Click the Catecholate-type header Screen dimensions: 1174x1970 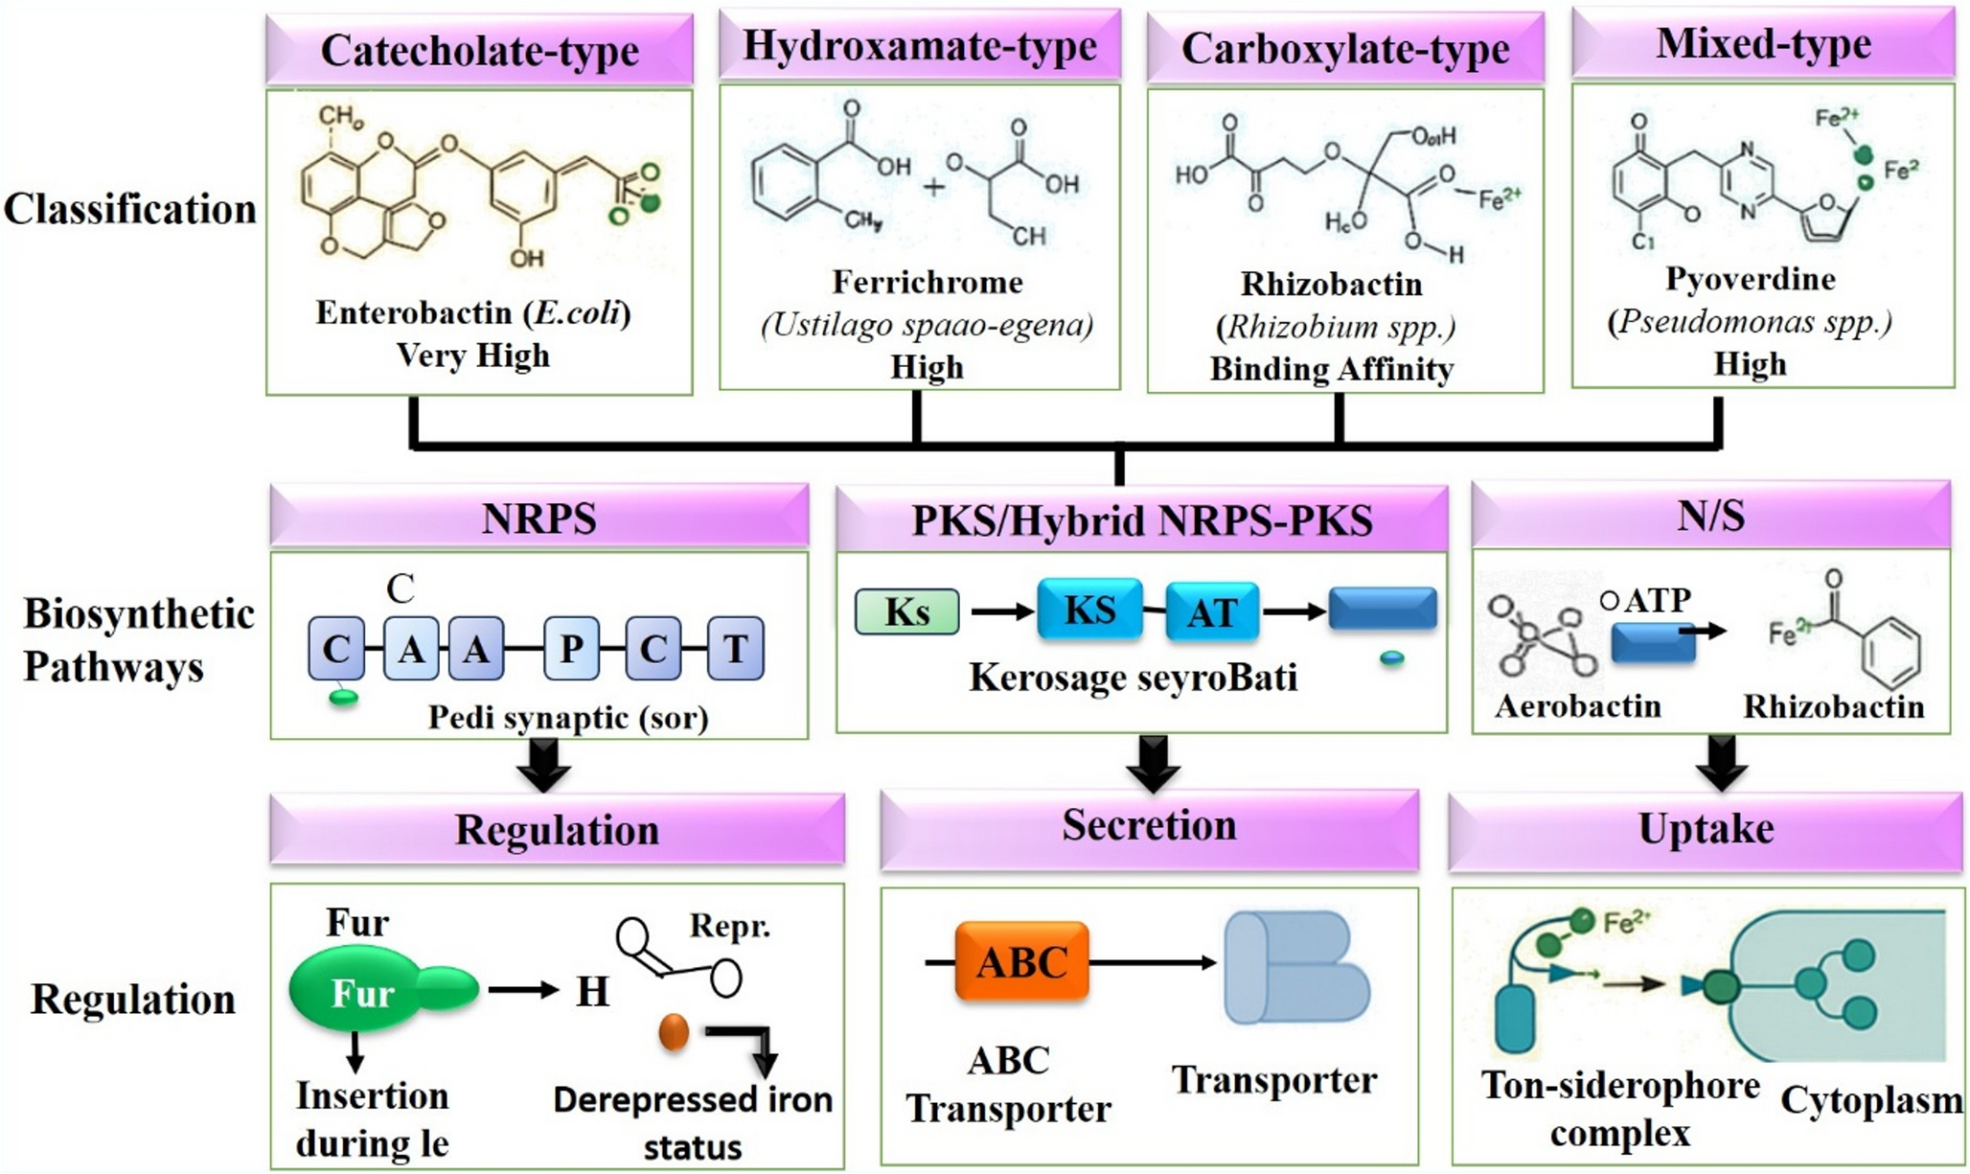[479, 50]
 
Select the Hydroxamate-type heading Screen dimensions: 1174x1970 [919, 46]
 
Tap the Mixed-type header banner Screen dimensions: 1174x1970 [1762, 43]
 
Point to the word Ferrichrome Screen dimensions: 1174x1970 [927, 282]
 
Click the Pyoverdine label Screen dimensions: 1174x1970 [1750, 279]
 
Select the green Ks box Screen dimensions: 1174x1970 [906, 611]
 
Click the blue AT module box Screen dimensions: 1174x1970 [1211, 611]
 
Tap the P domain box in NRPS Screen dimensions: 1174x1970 [571, 649]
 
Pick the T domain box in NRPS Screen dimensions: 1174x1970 [735, 649]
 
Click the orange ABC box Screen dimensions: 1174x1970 [1021, 961]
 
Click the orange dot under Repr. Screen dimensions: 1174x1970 [674, 1032]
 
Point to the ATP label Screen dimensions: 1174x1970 [1658, 600]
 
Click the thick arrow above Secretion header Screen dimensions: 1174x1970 [1153, 762]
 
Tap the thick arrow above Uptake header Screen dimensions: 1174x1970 [1721, 762]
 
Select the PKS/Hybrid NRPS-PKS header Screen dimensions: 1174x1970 [1141, 520]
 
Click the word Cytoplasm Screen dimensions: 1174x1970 [1870, 1100]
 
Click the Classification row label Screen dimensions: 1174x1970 [130, 209]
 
